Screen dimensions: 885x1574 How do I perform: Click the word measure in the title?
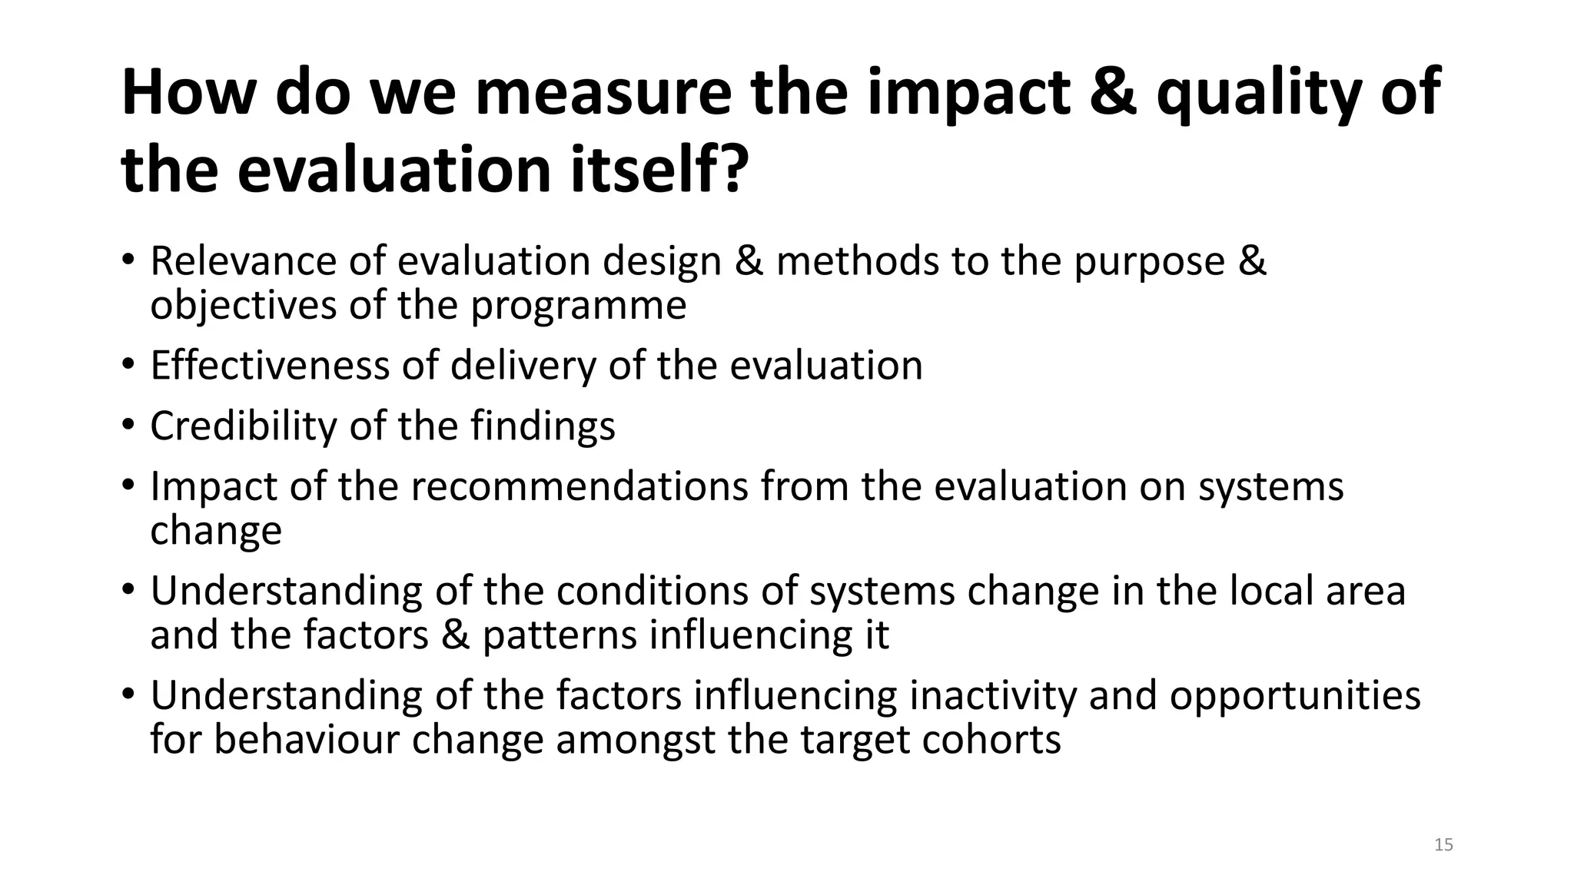click(603, 94)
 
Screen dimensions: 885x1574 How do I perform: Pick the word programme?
click(578, 306)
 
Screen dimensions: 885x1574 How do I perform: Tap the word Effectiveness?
click(270, 365)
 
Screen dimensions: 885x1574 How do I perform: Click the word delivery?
click(523, 365)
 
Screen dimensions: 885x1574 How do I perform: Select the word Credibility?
click(243, 426)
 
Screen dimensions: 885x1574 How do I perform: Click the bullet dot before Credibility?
click(128, 424)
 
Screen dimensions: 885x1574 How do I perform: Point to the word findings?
click(543, 426)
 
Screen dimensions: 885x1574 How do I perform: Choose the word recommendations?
click(579, 486)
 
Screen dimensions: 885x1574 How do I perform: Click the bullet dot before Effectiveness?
click(128, 363)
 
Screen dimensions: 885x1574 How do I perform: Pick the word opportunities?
click(1294, 695)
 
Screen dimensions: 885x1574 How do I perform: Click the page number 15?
click(1443, 845)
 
